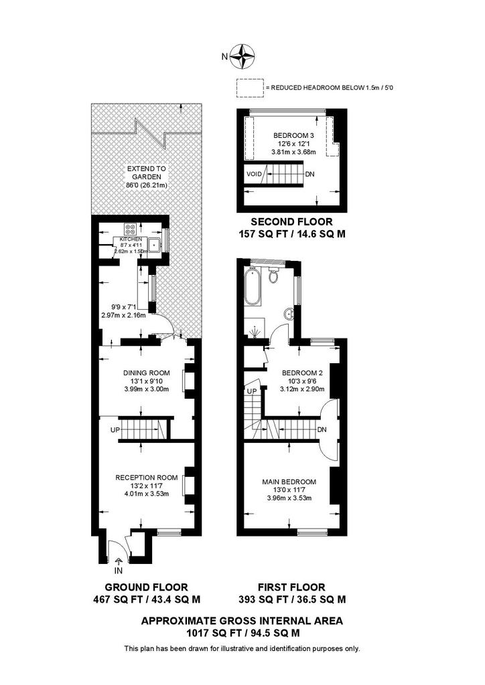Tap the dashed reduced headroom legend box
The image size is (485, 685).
[x=250, y=88]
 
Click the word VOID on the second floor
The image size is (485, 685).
[x=254, y=174]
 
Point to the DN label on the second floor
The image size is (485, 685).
[x=309, y=174]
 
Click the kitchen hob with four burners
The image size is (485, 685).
[x=131, y=229]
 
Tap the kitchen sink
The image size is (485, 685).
[x=153, y=246]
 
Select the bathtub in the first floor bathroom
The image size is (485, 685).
[x=252, y=287]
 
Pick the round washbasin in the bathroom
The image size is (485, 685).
[x=288, y=314]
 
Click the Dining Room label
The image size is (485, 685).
[x=147, y=373]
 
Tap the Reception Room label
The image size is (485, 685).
[x=147, y=478]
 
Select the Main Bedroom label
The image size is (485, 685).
[x=289, y=482]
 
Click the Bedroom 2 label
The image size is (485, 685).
[x=302, y=373]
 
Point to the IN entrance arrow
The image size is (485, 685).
[x=119, y=561]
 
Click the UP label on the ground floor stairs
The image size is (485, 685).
[x=115, y=430]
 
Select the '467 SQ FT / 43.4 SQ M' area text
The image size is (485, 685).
[x=147, y=599]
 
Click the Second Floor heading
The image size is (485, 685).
[x=291, y=222]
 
